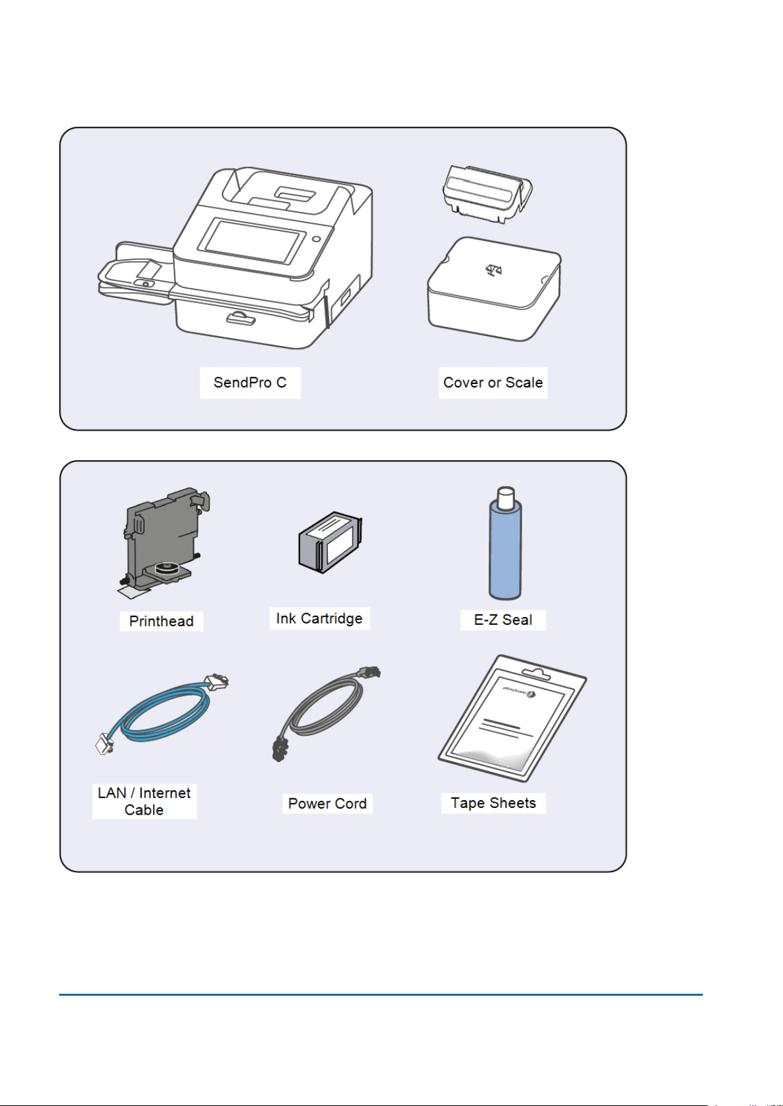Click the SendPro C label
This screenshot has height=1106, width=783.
coord(250,382)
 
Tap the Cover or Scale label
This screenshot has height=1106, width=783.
coord(493,382)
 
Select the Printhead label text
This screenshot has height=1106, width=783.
coord(161,621)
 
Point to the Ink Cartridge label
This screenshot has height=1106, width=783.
coord(319,618)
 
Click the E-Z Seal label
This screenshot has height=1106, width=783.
coord(503,620)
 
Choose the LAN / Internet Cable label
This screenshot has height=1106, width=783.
coord(145,801)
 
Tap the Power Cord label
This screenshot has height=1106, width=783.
coord(327,803)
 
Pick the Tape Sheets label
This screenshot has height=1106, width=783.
coord(493,803)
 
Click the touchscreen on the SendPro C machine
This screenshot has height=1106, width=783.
coord(252,242)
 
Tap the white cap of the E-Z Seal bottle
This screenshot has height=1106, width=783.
coord(506,498)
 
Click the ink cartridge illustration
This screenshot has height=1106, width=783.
coord(330,542)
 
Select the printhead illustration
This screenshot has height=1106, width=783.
coord(164,543)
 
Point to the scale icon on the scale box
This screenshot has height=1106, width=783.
coord(493,270)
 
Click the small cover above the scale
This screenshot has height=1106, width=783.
coord(487,194)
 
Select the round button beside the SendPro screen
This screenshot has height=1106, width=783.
coord(317,238)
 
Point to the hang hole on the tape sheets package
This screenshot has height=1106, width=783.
coord(536,673)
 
